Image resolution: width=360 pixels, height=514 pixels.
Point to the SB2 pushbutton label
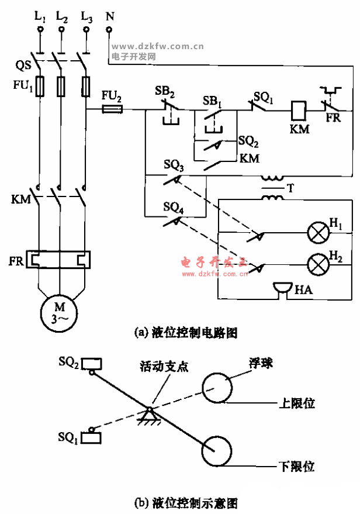(164, 92)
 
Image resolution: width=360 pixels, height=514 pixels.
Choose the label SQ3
(173, 168)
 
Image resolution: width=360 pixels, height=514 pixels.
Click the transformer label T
(290, 188)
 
